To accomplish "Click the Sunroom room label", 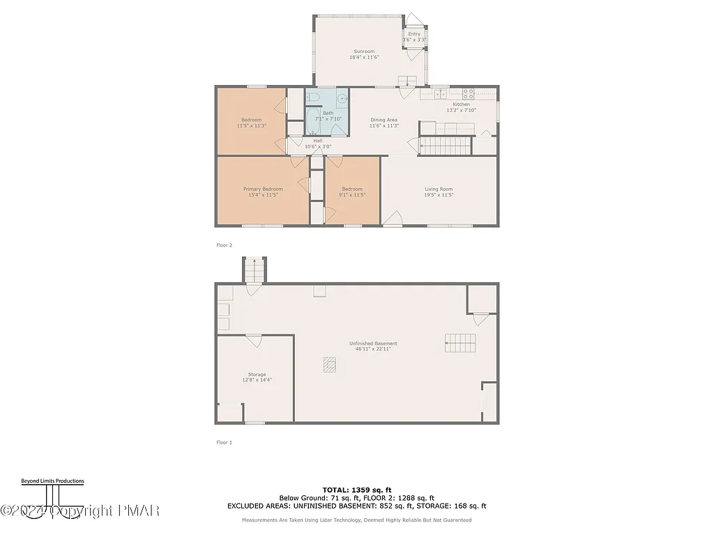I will pyautogui.click(x=363, y=52).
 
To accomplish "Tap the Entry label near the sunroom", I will pyautogui.click(x=414, y=34).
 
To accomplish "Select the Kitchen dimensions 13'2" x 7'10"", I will pyautogui.click(x=461, y=110).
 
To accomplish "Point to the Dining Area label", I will pyautogui.click(x=383, y=120).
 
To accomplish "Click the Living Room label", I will pyautogui.click(x=439, y=189).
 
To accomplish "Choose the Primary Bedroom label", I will pyautogui.click(x=263, y=189).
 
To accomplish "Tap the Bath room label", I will pyautogui.click(x=328, y=113).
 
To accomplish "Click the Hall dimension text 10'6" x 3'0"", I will pyautogui.click(x=318, y=146).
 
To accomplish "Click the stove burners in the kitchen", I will pyautogui.click(x=469, y=93).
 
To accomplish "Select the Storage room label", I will pyautogui.click(x=257, y=375).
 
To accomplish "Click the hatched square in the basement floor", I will pyautogui.click(x=329, y=364).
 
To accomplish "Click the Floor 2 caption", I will pyautogui.click(x=224, y=245).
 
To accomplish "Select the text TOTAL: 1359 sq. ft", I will pyautogui.click(x=356, y=490).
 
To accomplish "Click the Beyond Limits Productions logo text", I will pyautogui.click(x=52, y=481).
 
